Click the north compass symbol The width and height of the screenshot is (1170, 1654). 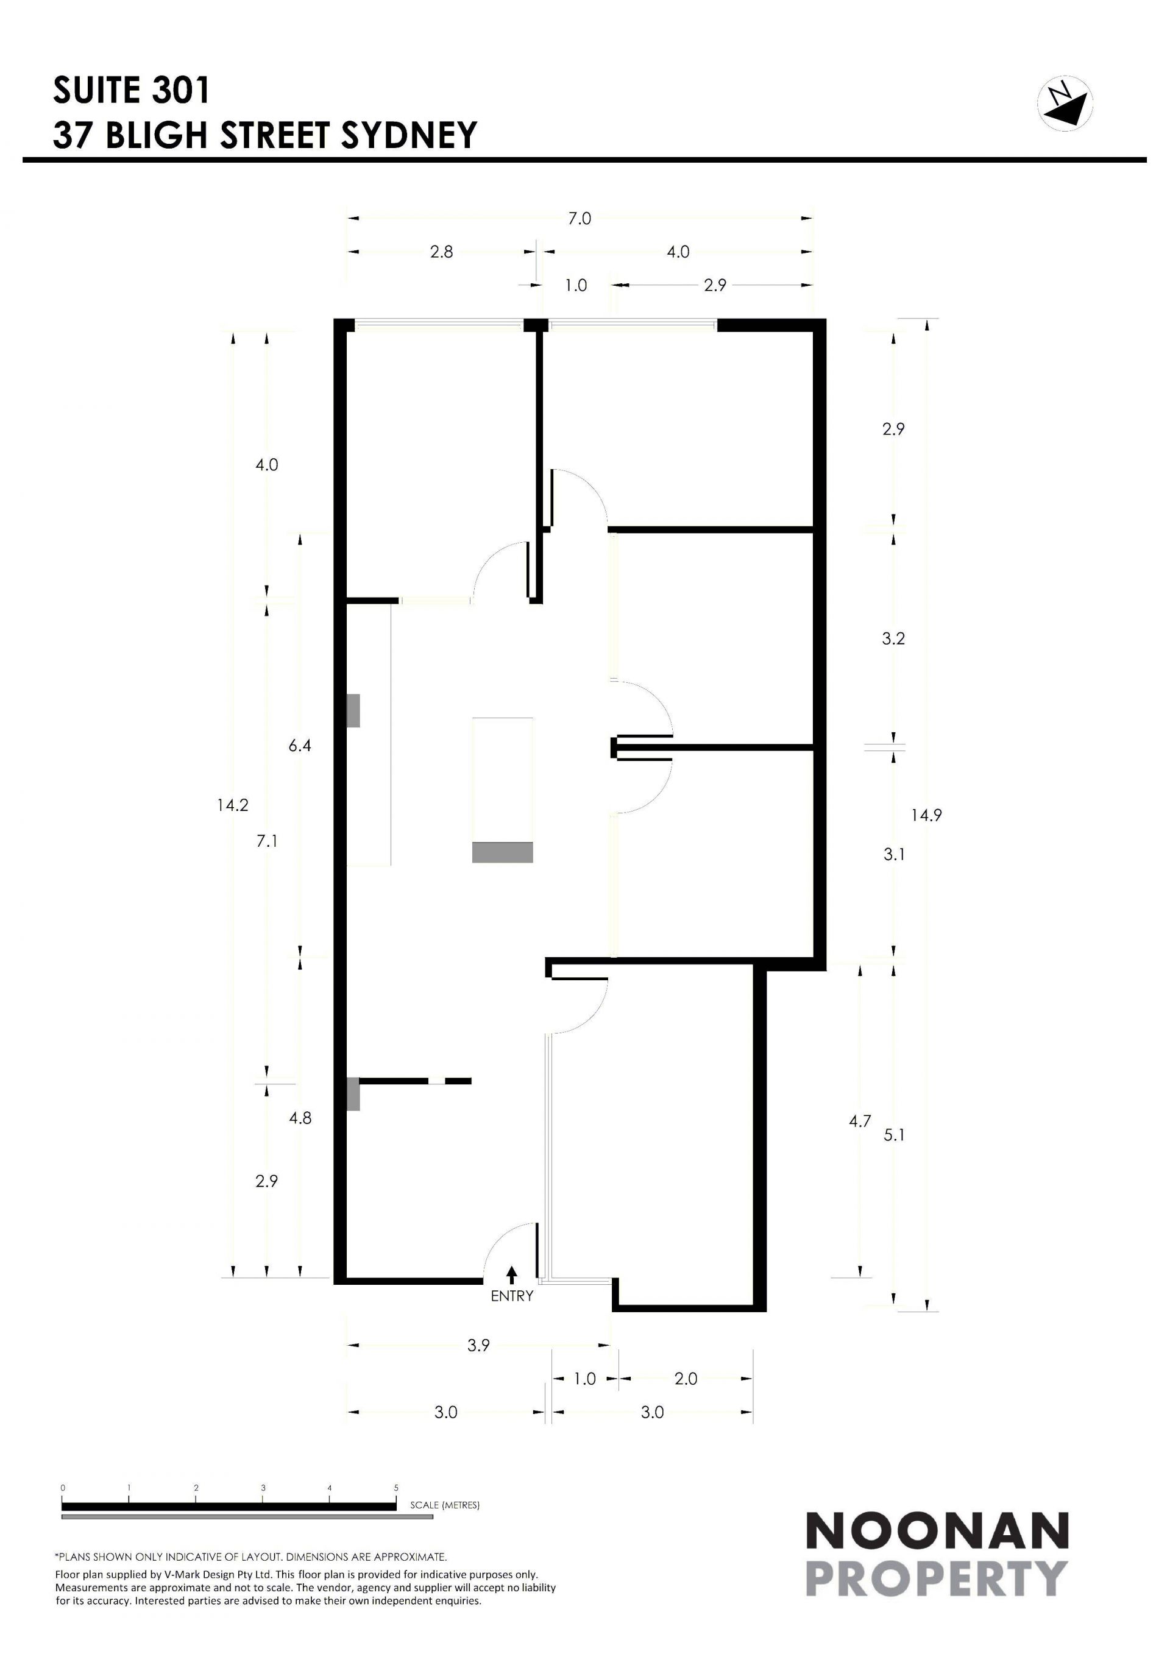[1065, 103]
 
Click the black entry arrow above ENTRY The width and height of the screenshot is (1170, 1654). [512, 1275]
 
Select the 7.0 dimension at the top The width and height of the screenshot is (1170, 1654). [580, 218]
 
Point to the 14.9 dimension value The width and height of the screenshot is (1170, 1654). [926, 816]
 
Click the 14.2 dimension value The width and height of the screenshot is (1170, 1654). [233, 805]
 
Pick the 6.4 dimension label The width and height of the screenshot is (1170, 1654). [300, 746]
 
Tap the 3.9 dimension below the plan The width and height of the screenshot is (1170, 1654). [478, 1345]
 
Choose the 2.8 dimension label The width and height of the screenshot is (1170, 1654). [442, 252]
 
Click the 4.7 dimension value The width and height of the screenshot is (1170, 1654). [860, 1121]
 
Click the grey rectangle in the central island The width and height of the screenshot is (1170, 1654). [502, 852]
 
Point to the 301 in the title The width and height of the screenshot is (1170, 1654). [180, 90]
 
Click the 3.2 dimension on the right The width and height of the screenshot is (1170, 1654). [893, 638]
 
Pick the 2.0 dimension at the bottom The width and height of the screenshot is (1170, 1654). [686, 1379]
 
